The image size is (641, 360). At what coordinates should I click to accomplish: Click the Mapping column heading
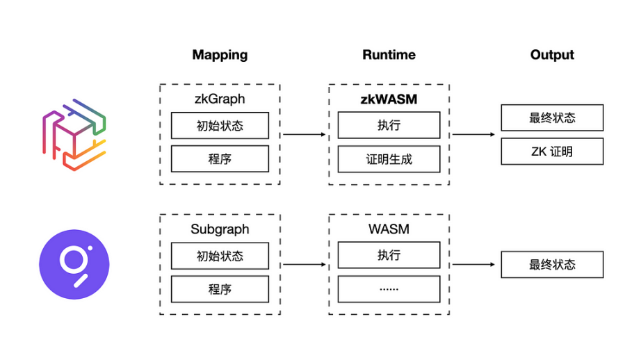220,55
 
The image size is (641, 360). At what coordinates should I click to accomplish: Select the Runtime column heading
389,55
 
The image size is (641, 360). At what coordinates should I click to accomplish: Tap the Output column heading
552,55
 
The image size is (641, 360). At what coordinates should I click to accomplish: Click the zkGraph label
220,99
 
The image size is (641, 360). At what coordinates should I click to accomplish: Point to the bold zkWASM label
389,99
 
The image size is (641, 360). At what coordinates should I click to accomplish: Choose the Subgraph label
220,229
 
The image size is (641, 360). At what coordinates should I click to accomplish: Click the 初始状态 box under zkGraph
220,126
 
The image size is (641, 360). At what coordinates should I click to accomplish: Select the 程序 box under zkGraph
220,158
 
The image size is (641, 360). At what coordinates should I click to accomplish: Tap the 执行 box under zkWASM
389,125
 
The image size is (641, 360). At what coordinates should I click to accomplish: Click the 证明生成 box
389,159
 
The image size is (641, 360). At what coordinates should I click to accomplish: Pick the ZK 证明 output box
552,152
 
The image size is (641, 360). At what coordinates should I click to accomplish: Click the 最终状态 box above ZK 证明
552,117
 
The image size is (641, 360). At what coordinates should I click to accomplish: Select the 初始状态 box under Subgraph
220,256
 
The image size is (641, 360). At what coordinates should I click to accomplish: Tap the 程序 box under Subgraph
220,289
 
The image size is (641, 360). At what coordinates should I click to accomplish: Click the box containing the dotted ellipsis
389,289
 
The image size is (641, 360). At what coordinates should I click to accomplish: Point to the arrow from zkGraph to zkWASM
304,134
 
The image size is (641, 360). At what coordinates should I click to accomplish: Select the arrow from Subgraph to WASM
304,264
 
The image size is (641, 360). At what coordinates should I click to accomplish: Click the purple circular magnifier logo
74,264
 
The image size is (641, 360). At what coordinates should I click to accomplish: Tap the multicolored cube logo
74,135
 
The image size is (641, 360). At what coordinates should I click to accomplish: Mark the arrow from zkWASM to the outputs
473,134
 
